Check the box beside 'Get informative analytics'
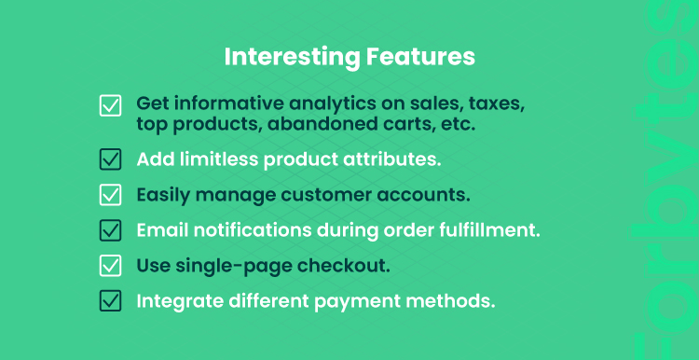[x=110, y=105]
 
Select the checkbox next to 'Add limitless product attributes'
[x=110, y=159]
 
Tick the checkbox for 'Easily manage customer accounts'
[x=110, y=195]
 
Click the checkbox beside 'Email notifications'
[x=110, y=230]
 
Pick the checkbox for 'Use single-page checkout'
[x=110, y=266]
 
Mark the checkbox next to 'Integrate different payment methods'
[x=110, y=301]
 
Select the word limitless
[x=219, y=159]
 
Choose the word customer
[x=331, y=195]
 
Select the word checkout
[x=344, y=266]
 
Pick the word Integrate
[x=180, y=302]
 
